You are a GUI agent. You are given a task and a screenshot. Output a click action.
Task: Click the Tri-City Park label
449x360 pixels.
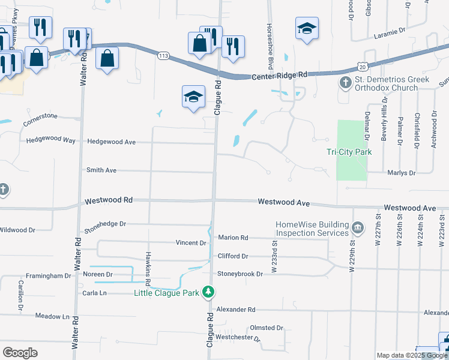(349, 152)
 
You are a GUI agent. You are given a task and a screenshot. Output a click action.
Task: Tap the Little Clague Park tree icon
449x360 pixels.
(208, 293)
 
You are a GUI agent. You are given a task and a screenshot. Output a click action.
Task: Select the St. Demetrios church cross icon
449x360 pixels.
(346, 82)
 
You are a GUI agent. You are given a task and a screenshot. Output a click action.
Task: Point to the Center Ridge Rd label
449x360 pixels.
(279, 76)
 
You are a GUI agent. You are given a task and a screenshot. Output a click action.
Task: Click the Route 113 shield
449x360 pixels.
(163, 56)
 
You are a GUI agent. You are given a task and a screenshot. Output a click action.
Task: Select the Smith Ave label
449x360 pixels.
(101, 170)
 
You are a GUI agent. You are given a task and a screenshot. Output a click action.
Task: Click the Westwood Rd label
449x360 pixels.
(108, 200)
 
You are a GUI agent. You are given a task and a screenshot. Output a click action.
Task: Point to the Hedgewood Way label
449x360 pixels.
(51, 140)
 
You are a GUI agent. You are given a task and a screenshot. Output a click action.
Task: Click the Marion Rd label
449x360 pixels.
(233, 238)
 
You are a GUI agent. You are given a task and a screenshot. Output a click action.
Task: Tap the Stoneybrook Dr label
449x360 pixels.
(240, 274)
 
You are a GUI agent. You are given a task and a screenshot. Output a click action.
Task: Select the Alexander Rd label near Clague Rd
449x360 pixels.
(236, 310)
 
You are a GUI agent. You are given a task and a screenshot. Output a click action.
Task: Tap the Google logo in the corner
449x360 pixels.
(20, 353)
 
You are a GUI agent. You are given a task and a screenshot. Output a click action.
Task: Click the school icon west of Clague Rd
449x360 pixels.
(194, 97)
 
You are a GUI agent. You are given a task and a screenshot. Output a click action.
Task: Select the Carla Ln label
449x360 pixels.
(95, 293)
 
